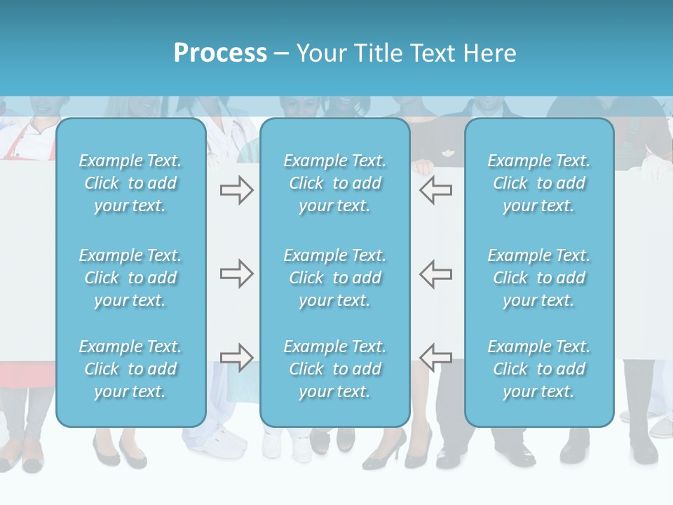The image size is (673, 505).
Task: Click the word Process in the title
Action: click(x=220, y=53)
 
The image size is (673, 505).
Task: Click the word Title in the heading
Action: click(x=375, y=53)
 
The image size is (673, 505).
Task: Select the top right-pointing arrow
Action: click(x=236, y=189)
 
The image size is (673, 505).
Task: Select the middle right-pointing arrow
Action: click(x=236, y=274)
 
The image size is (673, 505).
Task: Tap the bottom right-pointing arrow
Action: click(x=236, y=358)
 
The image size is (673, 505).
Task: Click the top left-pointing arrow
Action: click(x=436, y=189)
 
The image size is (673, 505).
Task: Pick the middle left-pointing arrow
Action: click(x=436, y=274)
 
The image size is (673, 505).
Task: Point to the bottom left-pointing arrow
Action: click(x=436, y=358)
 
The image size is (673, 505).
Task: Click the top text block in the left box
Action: click(x=130, y=183)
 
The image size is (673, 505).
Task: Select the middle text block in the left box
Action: click(x=130, y=278)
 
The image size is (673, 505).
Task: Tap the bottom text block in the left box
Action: click(x=130, y=369)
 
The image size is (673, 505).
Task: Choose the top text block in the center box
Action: click(x=335, y=183)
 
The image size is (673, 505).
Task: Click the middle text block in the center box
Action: click(x=335, y=278)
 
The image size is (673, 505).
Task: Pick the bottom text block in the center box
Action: click(x=335, y=369)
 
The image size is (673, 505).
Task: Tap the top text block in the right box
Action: click(x=539, y=183)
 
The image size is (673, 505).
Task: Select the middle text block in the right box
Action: click(x=539, y=278)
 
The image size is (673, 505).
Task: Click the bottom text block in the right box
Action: click(x=539, y=369)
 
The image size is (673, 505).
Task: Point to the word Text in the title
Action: click(x=432, y=53)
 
